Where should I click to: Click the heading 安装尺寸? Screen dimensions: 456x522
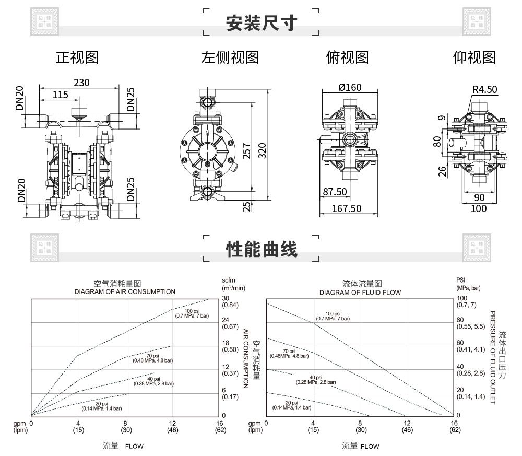coord(262,23)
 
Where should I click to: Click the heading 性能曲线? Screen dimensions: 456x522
coord(262,249)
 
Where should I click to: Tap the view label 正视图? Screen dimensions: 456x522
coord(77,57)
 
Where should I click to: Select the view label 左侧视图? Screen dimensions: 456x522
coord(230,57)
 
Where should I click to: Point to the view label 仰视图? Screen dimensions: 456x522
coord(473,57)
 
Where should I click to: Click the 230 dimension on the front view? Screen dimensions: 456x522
coord(81,83)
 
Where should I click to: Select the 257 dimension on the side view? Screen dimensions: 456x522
coord(247,150)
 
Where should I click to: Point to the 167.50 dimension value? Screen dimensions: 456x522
coord(347,208)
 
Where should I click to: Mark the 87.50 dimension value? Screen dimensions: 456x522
coord(334,192)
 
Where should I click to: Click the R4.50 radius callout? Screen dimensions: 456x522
coord(484,89)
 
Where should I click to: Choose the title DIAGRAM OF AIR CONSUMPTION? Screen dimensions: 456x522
coord(125,291)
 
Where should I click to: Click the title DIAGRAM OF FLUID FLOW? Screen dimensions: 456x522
coord(360,292)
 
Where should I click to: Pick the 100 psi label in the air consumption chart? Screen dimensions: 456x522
coord(193,312)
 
